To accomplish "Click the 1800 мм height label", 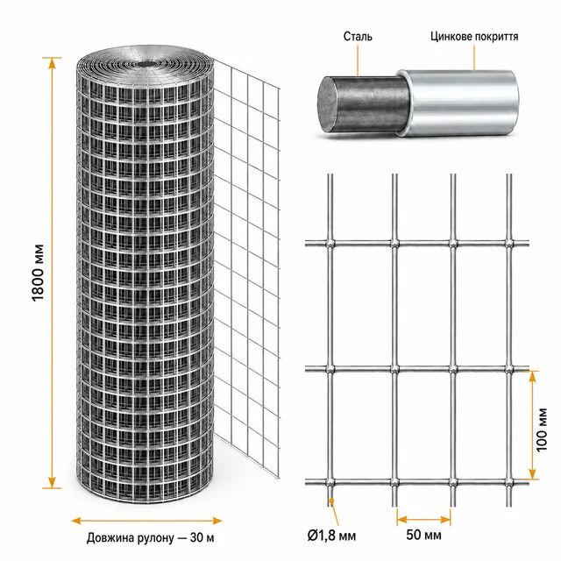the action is (x=38, y=273).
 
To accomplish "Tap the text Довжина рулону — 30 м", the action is (x=150, y=537).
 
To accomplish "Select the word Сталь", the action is (x=358, y=37).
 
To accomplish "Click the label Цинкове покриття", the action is (x=474, y=37).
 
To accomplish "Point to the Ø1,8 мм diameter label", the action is (x=331, y=536).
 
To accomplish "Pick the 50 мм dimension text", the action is (x=423, y=535).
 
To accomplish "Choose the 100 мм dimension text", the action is (x=542, y=430).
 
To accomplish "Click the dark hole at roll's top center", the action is (x=146, y=64).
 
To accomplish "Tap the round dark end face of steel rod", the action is (x=328, y=105).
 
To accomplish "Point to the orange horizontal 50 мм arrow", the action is (x=423, y=520).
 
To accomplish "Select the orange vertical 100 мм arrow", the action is (x=533, y=425).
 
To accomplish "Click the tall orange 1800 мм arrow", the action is (x=53, y=273).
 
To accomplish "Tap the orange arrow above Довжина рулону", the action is (x=146, y=521).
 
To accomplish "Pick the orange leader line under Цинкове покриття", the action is (x=474, y=57).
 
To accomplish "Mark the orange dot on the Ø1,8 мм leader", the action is (x=331, y=500).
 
